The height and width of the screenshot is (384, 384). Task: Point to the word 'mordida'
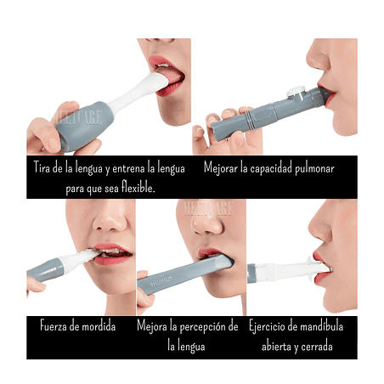click(98, 326)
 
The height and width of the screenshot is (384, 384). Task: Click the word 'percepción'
click(203, 327)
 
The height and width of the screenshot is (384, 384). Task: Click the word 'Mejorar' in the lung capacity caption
click(221, 168)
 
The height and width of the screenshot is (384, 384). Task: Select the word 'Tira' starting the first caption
click(42, 167)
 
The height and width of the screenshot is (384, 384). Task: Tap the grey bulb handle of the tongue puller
click(83, 125)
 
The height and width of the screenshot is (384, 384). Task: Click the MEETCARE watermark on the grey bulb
click(81, 117)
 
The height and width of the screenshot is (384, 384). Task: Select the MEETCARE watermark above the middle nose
click(209, 208)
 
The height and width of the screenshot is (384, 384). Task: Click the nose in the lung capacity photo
click(319, 57)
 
